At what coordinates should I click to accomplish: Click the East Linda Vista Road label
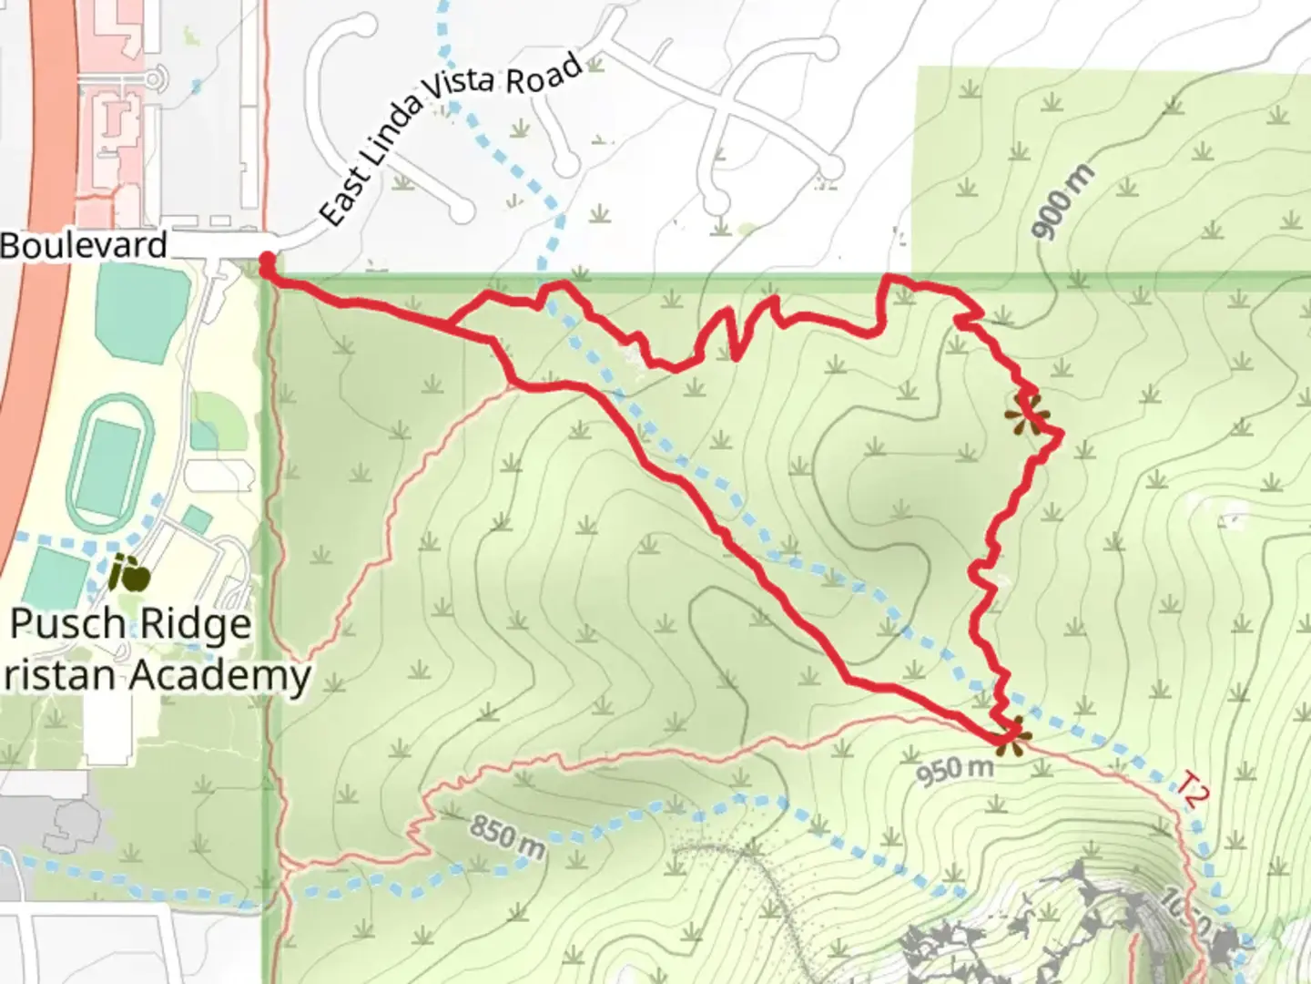pos(451,137)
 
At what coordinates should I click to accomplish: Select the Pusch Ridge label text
pos(130,625)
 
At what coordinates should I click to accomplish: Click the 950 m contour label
pos(954,771)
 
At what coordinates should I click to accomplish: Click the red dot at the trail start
pos(268,263)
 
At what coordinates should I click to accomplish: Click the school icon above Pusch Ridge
pos(129,574)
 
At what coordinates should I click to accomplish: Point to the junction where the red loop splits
pos(450,325)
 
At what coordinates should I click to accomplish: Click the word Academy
pos(218,676)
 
